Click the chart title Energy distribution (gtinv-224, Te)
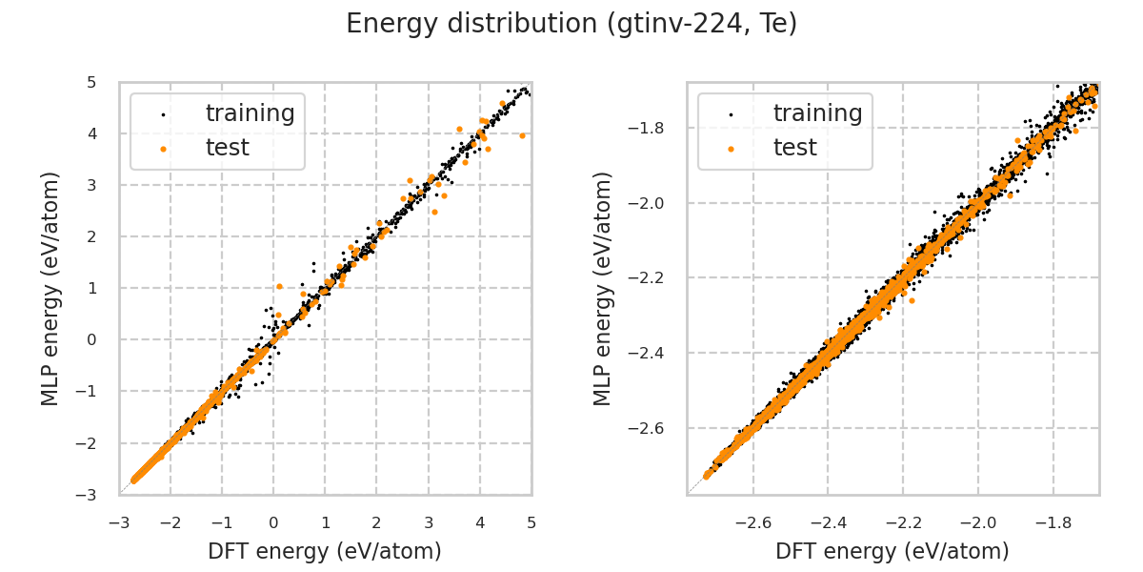click(571, 24)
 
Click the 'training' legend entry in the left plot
click(250, 114)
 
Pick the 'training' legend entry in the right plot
click(817, 114)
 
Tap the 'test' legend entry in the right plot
click(794, 148)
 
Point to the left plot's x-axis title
click(325, 551)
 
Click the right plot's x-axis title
click(892, 551)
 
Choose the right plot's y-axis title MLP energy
click(604, 288)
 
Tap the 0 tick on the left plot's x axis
click(273, 522)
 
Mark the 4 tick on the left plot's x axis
click(480, 522)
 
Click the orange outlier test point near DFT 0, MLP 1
click(279, 286)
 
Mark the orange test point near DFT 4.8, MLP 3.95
click(522, 135)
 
